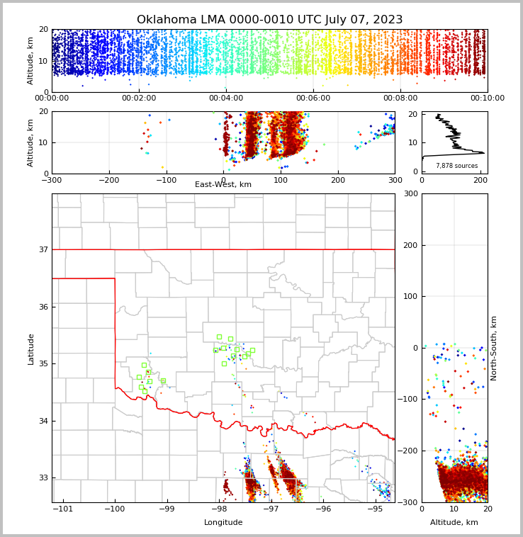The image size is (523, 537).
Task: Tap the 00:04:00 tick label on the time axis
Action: [226, 98]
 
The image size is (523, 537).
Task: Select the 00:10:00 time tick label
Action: [488, 98]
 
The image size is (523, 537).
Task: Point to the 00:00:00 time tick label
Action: [52, 98]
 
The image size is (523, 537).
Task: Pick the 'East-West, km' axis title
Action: [223, 185]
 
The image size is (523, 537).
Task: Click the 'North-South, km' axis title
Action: [494, 348]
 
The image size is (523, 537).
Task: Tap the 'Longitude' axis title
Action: [223, 523]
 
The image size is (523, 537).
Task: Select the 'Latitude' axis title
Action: [30, 349]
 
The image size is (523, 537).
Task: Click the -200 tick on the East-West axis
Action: [108, 181]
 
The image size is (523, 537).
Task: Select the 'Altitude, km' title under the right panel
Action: [454, 523]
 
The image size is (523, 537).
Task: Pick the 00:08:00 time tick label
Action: [400, 98]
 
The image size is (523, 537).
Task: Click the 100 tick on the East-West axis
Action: [281, 181]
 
